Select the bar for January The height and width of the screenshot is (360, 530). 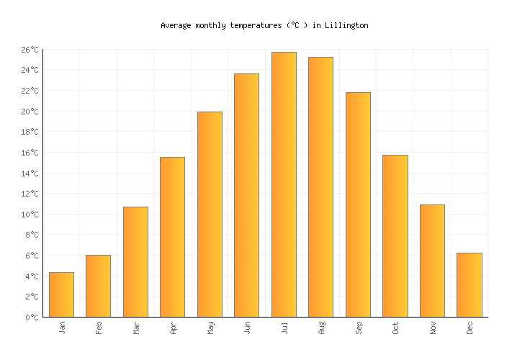(61, 294)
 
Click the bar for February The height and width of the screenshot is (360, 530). (98, 286)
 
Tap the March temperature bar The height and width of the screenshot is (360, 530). (135, 261)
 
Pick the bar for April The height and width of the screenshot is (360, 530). (172, 237)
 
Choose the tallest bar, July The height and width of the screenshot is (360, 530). (284, 184)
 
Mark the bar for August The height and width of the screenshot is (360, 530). (320, 186)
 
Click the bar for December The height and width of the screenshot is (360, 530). (469, 284)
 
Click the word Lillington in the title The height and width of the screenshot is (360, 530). (346, 25)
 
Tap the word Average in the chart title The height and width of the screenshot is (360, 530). (176, 25)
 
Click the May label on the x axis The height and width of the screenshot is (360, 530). (210, 328)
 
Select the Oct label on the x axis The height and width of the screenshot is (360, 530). (395, 328)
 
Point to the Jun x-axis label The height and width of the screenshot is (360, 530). (247, 328)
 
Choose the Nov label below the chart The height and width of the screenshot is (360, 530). (432, 328)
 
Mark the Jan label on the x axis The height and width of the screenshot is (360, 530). (62, 328)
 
